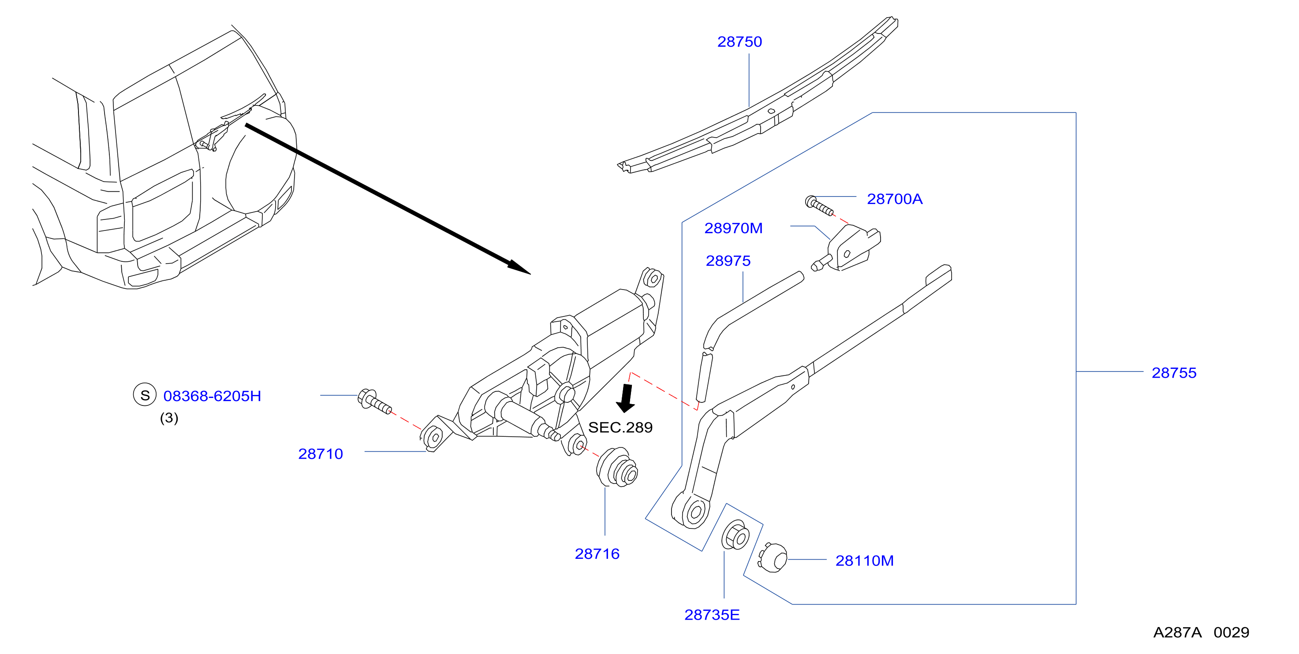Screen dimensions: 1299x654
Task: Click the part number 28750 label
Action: (x=739, y=42)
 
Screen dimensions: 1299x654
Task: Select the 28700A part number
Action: (x=895, y=199)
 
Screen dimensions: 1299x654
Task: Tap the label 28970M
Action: (x=733, y=228)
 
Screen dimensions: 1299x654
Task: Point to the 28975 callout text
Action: (x=728, y=261)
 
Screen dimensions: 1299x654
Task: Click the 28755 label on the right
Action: (x=1174, y=373)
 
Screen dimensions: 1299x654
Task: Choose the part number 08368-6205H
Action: (x=212, y=396)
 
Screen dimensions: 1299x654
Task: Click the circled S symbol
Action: (x=145, y=395)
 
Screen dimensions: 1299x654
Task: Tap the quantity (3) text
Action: (x=169, y=418)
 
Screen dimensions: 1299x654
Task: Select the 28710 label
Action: (x=321, y=454)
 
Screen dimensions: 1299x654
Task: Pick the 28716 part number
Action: (x=597, y=554)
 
